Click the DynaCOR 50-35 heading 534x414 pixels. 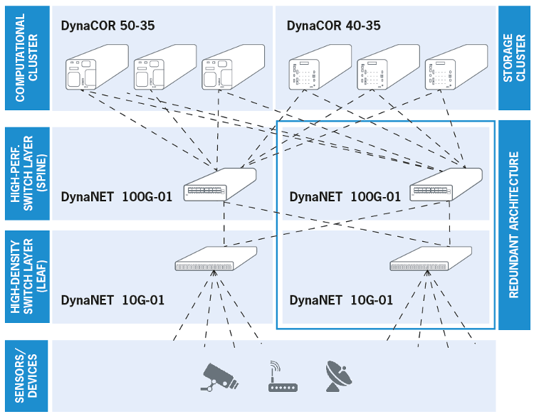pyautogui.click(x=108, y=26)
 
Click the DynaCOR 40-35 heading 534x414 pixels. pyautogui.click(x=333, y=26)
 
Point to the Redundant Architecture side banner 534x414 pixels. pyautogui.click(x=513, y=225)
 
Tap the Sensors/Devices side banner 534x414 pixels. pyautogui.click(x=26, y=376)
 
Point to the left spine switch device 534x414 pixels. pyautogui.click(x=219, y=185)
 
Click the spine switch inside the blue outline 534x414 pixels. pyautogui.click(x=445, y=185)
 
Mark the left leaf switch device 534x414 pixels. pyautogui.click(x=216, y=261)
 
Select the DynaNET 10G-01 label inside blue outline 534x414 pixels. pyautogui.click(x=341, y=300)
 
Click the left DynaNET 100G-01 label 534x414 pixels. pyautogui.click(x=117, y=197)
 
